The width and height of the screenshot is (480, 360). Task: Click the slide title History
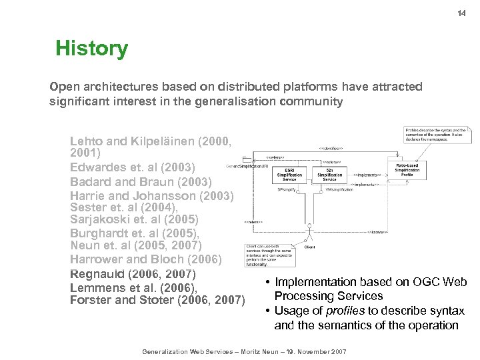tap(91, 48)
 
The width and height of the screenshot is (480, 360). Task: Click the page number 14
tap(461, 13)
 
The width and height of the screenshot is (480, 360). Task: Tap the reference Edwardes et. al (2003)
tap(132, 167)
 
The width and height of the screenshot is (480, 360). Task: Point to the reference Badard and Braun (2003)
tap(141, 181)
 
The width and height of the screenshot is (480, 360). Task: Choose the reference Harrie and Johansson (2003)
tap(152, 196)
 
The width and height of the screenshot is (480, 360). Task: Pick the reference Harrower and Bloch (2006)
tap(146, 259)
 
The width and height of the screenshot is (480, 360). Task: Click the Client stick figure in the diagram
tap(309, 237)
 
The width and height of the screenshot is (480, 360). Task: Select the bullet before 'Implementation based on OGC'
tap(267, 283)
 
